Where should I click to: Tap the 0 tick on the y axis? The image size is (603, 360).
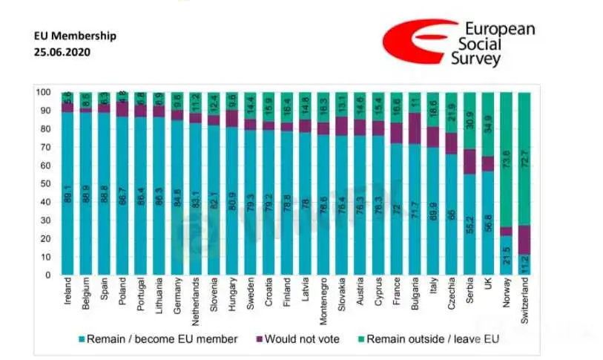[x=47, y=275]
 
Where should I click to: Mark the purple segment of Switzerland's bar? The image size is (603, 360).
[x=525, y=240]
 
